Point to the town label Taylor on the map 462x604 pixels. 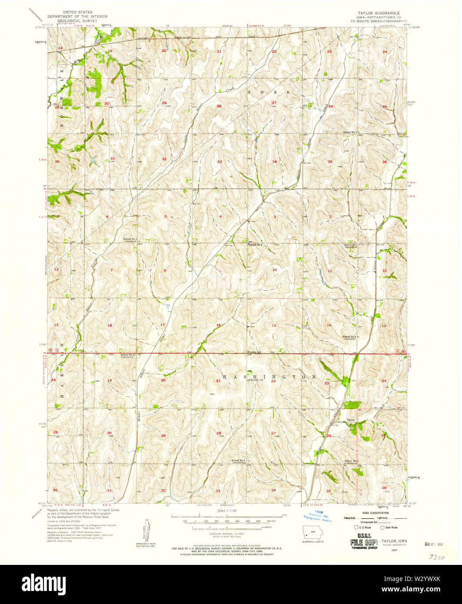click(351, 420)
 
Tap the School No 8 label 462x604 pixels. click(239, 460)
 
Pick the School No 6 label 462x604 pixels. click(350, 336)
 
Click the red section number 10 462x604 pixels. click(274, 270)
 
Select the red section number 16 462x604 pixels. click(219, 325)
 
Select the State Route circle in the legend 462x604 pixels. click(383, 528)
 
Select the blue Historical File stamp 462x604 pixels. click(318, 518)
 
